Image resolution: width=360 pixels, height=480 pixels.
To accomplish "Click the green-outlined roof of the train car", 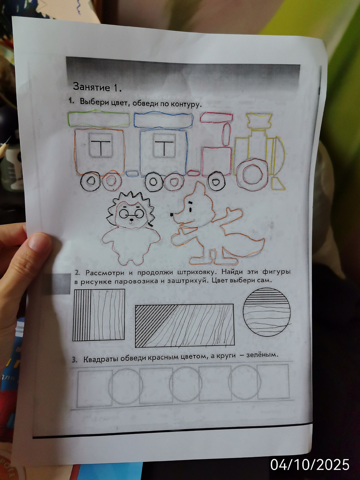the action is [99, 119].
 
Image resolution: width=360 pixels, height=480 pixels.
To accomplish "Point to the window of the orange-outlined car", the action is [100, 145].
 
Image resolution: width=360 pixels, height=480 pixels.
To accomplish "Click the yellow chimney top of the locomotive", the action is [260, 120].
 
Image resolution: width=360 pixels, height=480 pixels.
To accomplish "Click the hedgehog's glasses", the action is [131, 213].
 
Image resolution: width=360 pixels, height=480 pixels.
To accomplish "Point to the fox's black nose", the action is [172, 214].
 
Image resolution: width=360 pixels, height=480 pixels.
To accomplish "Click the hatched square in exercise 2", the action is [99, 315].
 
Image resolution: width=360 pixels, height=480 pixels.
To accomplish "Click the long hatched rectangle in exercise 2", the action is [184, 325].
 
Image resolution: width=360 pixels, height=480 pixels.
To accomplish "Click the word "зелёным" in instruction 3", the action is [262, 354].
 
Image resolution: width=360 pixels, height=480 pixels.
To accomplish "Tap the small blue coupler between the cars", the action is [132, 174].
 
